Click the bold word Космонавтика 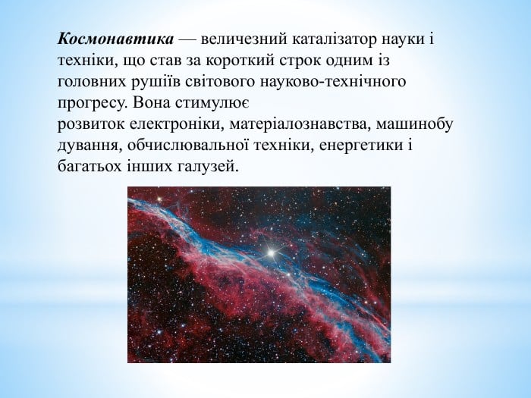coord(115,39)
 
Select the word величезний coord(244,39)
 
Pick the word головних coord(92,82)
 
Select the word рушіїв coord(156,82)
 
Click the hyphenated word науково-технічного coord(333,82)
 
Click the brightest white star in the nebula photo coord(271,252)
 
